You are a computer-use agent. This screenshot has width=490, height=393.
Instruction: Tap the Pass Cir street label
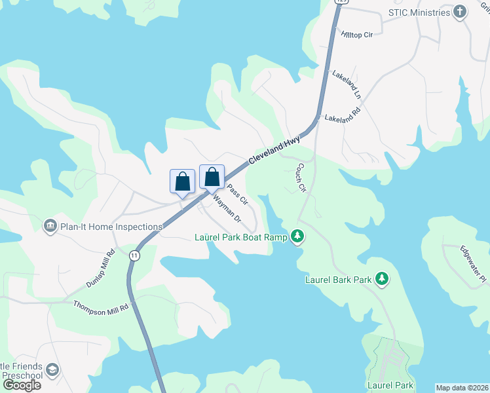point(237,194)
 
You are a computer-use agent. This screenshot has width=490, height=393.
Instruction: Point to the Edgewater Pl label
point(472,264)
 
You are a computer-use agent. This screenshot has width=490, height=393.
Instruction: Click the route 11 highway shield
point(134,255)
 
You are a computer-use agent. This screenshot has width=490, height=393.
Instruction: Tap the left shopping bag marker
point(183,181)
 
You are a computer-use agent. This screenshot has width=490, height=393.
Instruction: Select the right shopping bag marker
point(212,176)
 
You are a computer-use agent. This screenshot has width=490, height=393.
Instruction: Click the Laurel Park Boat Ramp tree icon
point(297,236)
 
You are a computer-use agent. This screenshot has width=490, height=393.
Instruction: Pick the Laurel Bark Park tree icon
point(381,280)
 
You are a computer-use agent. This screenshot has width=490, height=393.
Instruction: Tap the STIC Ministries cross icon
point(461,12)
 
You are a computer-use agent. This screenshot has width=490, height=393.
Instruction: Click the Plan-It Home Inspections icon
point(50,227)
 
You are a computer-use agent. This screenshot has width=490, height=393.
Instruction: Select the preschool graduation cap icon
point(53,370)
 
